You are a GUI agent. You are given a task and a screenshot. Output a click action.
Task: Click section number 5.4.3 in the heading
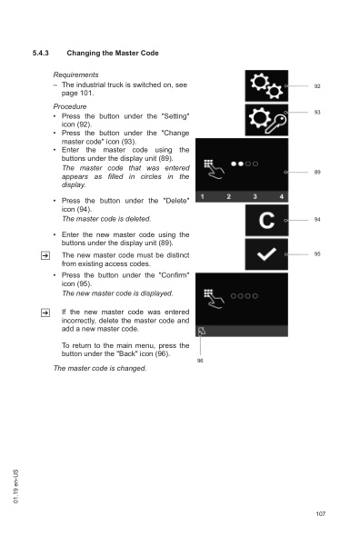click(x=40, y=54)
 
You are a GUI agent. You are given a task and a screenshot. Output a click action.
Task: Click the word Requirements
click(x=75, y=74)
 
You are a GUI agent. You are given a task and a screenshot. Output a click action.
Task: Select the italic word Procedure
click(x=70, y=106)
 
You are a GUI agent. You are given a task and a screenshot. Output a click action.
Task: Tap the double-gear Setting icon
click(x=266, y=85)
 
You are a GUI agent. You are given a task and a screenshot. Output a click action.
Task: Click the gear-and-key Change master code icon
click(x=266, y=120)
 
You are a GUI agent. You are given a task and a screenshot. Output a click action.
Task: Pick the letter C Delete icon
click(x=266, y=220)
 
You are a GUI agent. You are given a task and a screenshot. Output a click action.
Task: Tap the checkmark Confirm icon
click(x=266, y=253)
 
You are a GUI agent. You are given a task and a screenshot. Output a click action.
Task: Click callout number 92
click(x=317, y=86)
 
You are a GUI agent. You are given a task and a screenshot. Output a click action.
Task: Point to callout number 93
click(x=317, y=112)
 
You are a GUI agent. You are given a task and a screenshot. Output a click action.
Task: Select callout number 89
click(x=317, y=172)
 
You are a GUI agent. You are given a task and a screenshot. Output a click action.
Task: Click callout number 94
click(x=317, y=220)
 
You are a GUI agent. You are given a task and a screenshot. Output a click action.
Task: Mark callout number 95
click(x=317, y=253)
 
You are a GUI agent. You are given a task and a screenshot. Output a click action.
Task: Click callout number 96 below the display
click(x=200, y=361)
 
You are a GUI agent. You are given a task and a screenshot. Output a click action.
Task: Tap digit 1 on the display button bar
click(x=202, y=196)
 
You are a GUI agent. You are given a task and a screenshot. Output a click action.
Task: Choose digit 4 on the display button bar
click(x=281, y=196)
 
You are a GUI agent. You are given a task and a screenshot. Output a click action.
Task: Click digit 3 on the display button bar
click(x=255, y=196)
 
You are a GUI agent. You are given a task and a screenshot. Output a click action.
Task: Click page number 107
click(x=320, y=514)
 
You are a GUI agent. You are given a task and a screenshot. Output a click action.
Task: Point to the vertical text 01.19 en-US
click(x=16, y=486)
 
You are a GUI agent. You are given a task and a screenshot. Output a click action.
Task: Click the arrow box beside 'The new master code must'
click(x=45, y=255)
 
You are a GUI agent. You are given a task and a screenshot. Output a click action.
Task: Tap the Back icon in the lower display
click(x=202, y=332)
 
